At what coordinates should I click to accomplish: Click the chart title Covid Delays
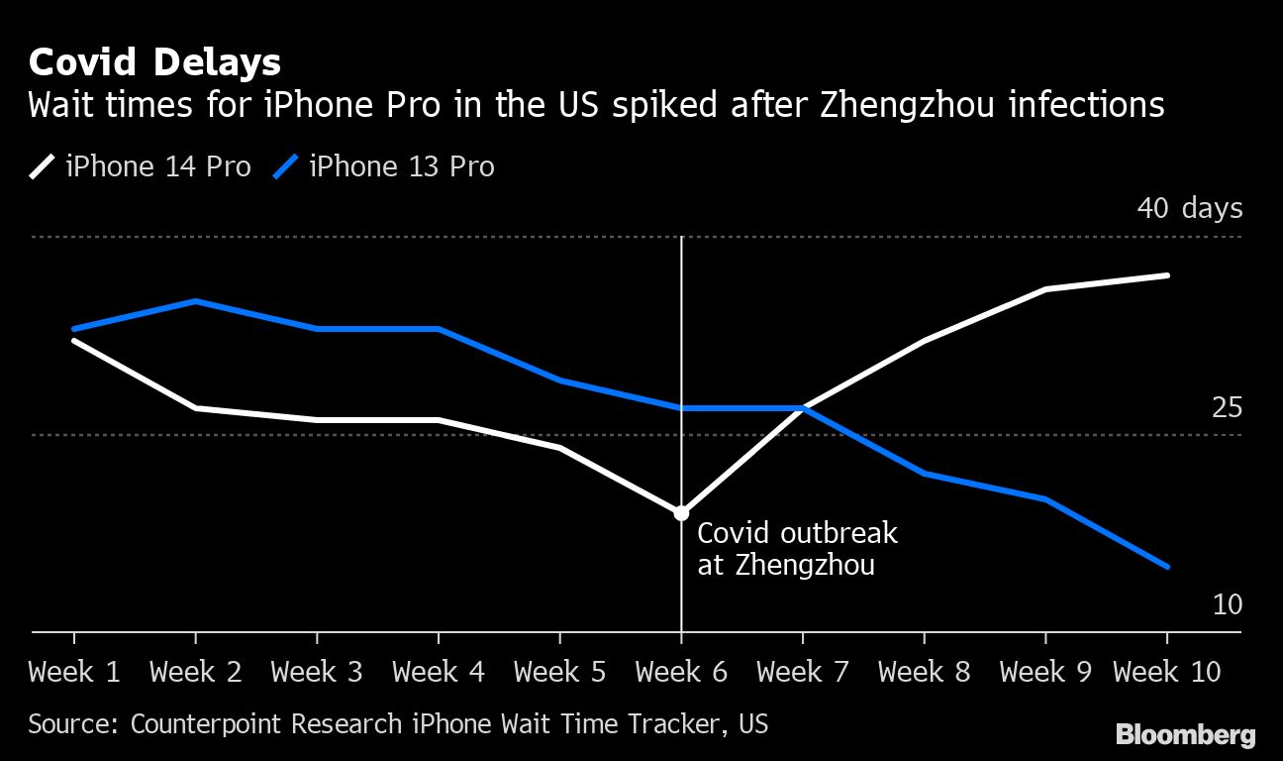point(154,62)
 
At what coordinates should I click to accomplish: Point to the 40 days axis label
point(1189,209)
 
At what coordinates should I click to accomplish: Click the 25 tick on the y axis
point(1227,408)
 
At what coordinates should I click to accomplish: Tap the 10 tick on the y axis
point(1227,604)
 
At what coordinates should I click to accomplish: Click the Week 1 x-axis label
point(74,673)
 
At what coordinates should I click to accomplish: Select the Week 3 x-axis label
point(317,673)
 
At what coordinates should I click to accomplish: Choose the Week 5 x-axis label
point(560,673)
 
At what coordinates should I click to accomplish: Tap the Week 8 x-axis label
point(925,673)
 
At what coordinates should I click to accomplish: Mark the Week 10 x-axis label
point(1167,673)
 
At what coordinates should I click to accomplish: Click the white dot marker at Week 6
point(681,513)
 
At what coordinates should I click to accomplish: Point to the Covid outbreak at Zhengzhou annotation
point(797,549)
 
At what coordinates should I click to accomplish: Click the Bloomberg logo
point(1185,735)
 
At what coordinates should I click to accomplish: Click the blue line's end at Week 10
point(1168,567)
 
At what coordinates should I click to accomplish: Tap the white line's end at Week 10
point(1168,275)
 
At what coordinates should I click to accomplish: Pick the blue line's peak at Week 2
point(196,301)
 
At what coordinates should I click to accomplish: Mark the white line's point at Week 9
point(1046,289)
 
